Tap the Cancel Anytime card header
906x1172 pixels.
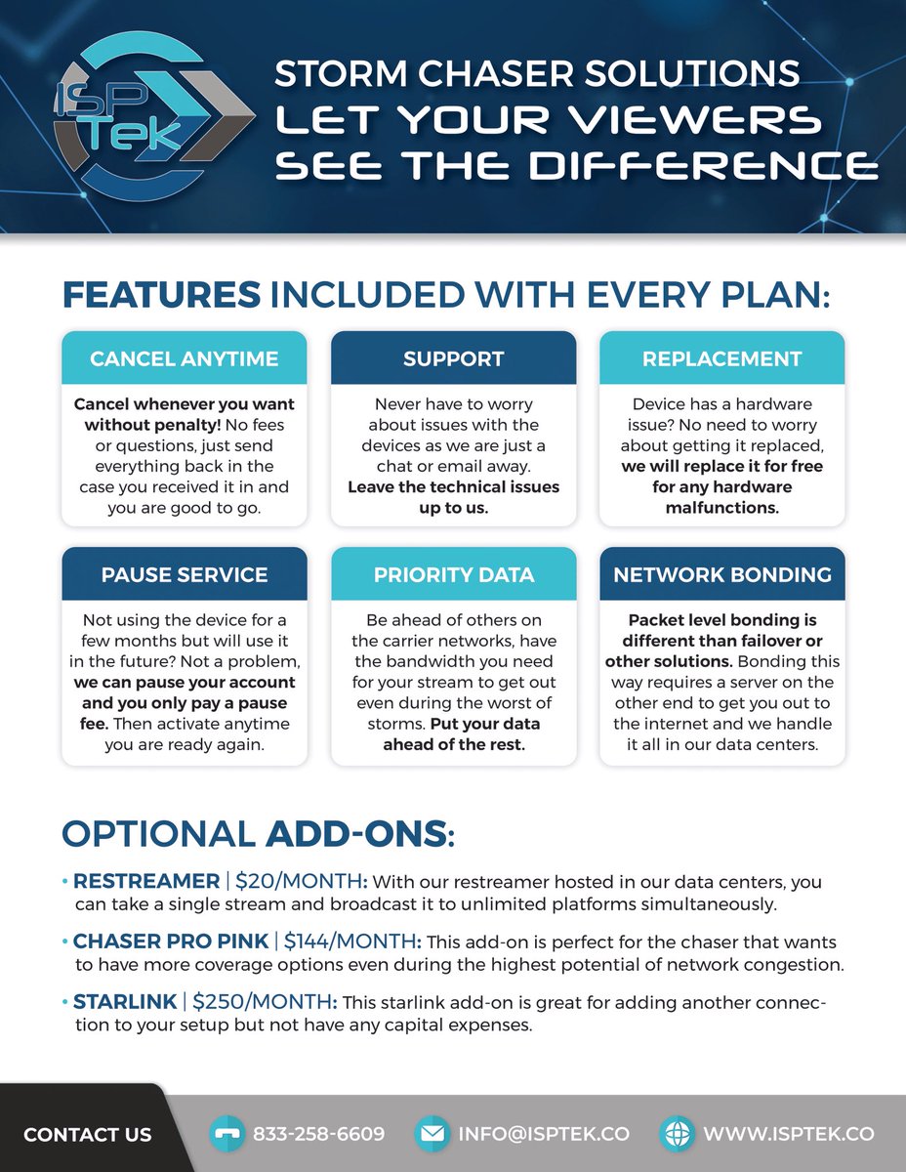pos(184,358)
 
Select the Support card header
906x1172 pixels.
pos(453,358)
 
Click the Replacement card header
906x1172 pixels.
pos(721,358)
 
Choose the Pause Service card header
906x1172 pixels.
pos(184,574)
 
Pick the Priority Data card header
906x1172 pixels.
pos(453,574)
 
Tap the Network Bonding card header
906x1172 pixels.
pos(721,574)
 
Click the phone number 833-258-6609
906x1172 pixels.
pos(318,1134)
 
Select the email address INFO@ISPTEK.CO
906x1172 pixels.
pos(544,1134)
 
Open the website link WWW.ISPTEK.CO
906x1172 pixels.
pos(788,1134)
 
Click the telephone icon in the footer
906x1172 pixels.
pos(226,1134)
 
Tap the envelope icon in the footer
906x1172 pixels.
pos(431,1134)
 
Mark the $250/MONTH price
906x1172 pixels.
pos(265,1003)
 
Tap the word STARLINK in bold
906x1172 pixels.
pos(125,1003)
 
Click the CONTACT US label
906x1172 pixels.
pos(87,1134)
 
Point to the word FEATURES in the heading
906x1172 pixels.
pos(161,295)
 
